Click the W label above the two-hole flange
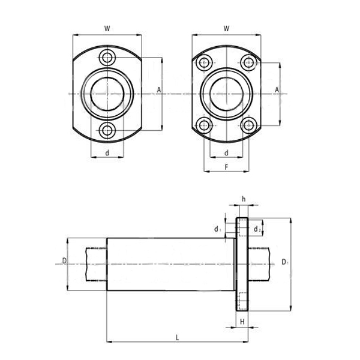pos(107,28)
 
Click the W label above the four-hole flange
pos(226,28)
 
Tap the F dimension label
pos(226,167)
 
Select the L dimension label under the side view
pos(177,337)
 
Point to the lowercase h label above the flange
pos(244,199)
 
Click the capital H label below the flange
pos(242,322)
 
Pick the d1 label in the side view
pos(218,229)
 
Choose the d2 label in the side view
pos(257,229)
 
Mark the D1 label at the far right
pos(284,262)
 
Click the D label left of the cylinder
pos(65,260)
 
